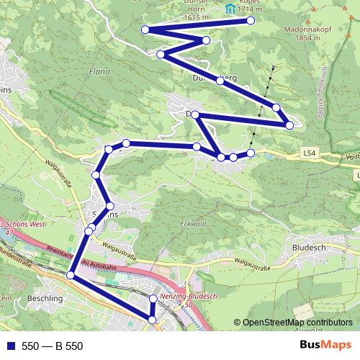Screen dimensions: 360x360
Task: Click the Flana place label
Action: pos(98,71)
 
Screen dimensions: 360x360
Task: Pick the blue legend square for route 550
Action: pos(10,346)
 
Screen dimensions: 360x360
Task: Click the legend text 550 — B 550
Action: pos(53,346)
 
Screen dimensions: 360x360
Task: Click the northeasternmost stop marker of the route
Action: pos(251,20)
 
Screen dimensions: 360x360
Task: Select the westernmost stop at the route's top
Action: pos(145,30)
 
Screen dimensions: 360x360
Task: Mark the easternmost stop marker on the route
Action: pos(289,125)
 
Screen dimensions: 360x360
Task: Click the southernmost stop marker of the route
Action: pos(153,319)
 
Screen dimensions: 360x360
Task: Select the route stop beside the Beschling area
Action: pos(71,275)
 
